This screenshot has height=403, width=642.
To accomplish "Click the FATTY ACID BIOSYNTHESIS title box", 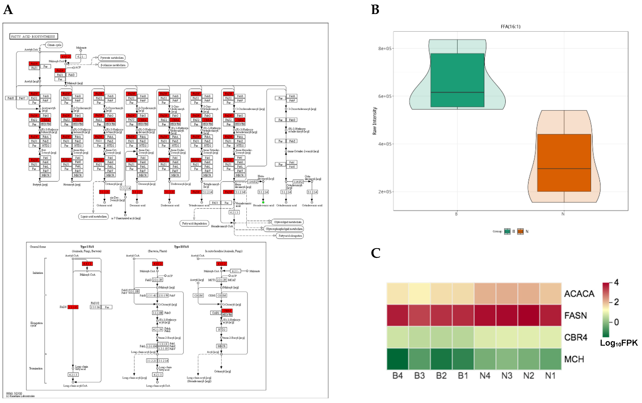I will point(34,36).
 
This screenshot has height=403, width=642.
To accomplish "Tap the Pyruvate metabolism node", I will point(112,58).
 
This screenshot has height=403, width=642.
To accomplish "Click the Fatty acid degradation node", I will point(194,223).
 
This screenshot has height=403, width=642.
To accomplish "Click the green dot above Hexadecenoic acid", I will point(263,202).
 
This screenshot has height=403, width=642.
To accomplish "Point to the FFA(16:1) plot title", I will point(510,27).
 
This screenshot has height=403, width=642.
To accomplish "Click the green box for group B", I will point(457,80).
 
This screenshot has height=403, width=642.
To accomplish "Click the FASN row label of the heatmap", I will point(575,315).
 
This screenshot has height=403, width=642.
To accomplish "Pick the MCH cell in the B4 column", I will point(398,359).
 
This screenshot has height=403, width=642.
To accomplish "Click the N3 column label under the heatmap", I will point(507,376).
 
